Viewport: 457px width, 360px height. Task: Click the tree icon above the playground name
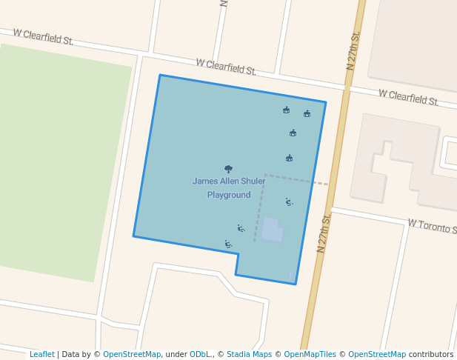pos(228,169)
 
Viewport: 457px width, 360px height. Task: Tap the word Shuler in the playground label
pos(253,181)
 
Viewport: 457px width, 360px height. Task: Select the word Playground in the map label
pos(228,195)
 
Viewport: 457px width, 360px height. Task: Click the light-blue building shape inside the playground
pos(271,230)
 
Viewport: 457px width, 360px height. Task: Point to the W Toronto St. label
pos(433,225)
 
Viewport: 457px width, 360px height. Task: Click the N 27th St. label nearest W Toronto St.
pos(323,233)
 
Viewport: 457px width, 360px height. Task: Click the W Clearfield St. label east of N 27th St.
pos(408,97)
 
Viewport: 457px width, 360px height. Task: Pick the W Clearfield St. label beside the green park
pos(43,36)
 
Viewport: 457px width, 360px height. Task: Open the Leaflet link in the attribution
pos(41,354)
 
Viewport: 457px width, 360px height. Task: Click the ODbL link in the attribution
pos(200,354)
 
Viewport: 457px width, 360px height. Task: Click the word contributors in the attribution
pos(430,354)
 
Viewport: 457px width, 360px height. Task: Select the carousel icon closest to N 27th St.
pos(307,114)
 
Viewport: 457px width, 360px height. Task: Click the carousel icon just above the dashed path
pos(290,158)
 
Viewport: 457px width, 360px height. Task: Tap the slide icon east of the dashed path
pos(288,201)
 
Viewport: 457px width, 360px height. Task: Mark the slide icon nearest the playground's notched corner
pos(228,244)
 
